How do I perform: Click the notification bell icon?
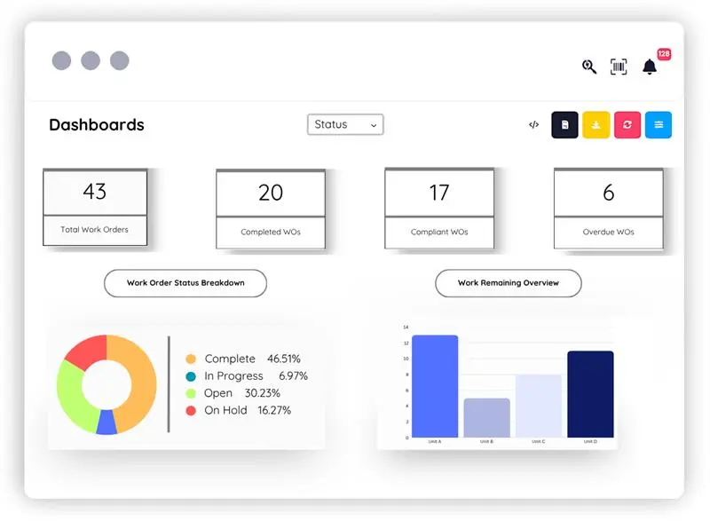coord(650,67)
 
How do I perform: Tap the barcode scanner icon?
coord(619,67)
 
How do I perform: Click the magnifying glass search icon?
coord(589,67)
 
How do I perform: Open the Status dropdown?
coord(345,125)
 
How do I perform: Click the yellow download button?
coord(596,125)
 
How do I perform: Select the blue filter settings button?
coord(659,125)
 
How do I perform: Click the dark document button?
coord(564,125)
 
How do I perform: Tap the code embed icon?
coord(533,125)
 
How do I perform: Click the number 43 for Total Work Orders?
coord(94,191)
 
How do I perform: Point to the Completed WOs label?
coord(271,233)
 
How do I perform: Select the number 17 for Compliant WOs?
coord(438,192)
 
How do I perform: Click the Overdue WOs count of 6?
coord(608,192)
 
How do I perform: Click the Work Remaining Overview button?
coord(509,283)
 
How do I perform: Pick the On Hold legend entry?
coord(238,410)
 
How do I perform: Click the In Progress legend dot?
coord(191,376)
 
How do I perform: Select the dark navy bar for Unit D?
coord(590,394)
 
